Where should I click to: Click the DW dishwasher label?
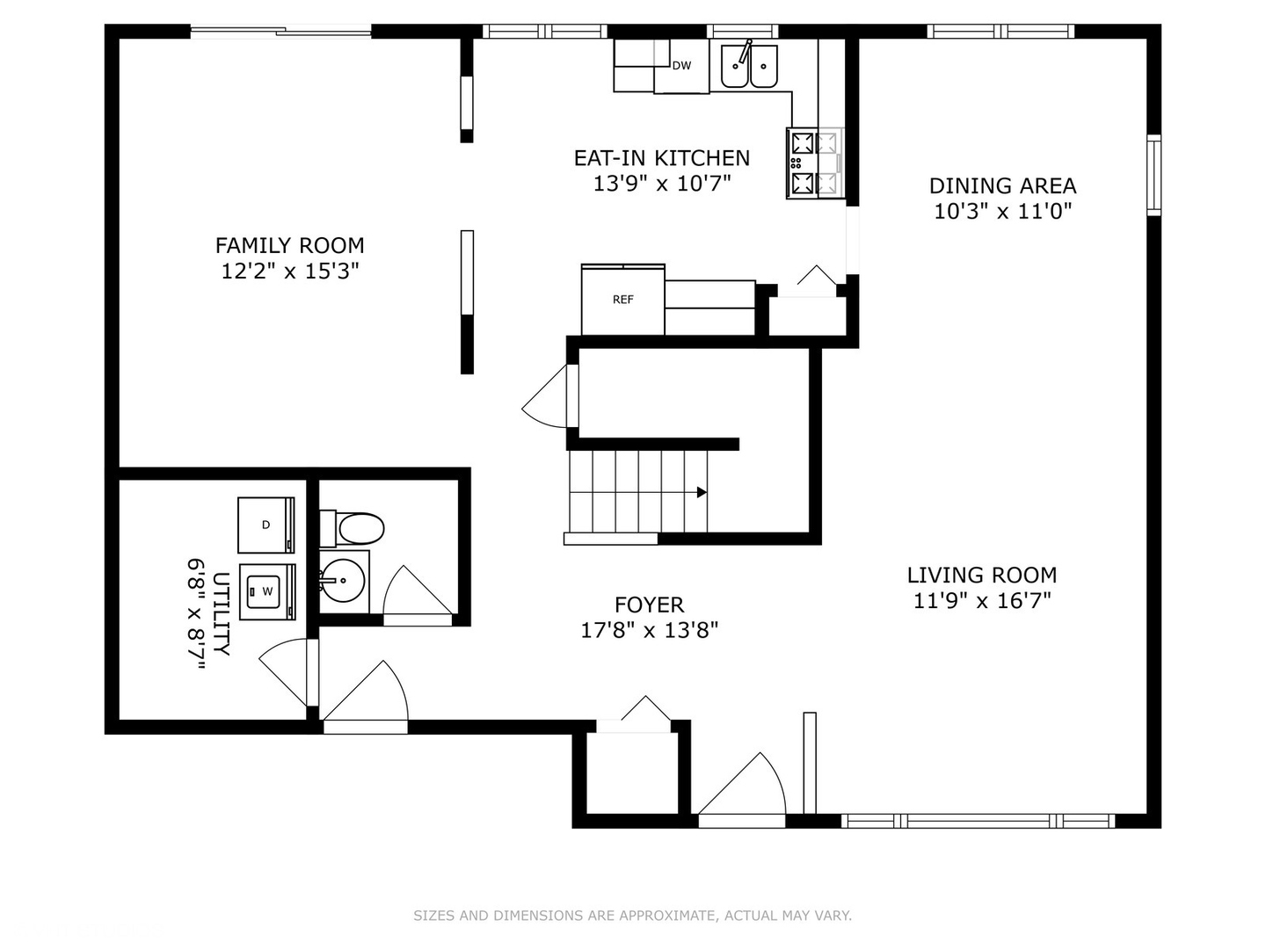click(x=681, y=65)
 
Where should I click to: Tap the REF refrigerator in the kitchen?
click(x=622, y=300)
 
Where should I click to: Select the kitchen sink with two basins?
click(x=749, y=67)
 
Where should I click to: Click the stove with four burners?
click(x=814, y=163)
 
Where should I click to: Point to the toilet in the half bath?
click(x=353, y=529)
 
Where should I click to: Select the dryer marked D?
click(x=266, y=525)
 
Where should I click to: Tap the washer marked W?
click(x=266, y=591)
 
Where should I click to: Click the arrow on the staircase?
click(x=701, y=492)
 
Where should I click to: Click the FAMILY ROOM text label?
click(x=289, y=245)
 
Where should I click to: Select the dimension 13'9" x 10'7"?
click(x=661, y=184)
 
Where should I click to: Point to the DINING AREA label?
click(x=1002, y=185)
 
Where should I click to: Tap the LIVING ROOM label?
click(x=981, y=576)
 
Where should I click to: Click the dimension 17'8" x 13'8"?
click(x=649, y=630)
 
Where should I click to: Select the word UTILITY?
click(x=222, y=613)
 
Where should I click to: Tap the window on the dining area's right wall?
click(x=1153, y=175)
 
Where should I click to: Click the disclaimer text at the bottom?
click(x=632, y=916)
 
